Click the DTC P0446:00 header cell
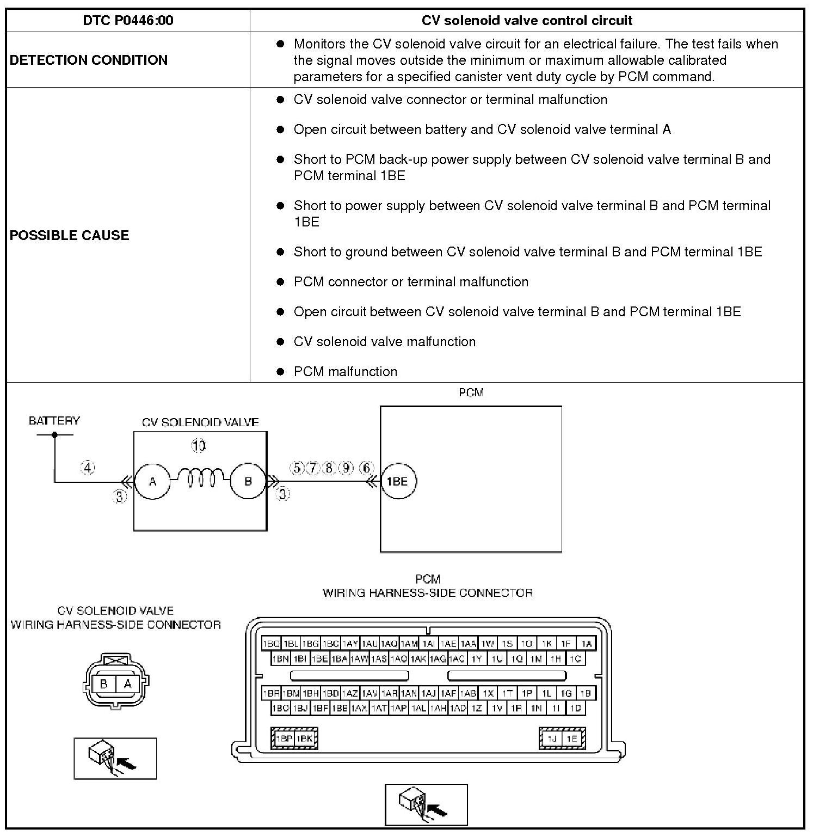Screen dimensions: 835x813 point(128,21)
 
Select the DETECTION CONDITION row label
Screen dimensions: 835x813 point(89,60)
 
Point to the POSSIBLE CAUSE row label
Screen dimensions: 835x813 point(70,235)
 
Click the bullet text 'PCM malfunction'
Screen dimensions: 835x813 point(345,372)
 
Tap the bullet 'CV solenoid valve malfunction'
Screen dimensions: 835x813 point(384,342)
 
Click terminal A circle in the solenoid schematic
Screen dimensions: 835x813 point(153,481)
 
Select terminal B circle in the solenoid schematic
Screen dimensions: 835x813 point(248,481)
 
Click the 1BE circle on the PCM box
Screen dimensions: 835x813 point(398,481)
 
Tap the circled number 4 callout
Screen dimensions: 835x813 point(88,467)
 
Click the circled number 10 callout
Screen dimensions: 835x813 point(199,446)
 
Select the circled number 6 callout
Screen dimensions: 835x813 point(367,468)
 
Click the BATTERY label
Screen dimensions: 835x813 point(54,421)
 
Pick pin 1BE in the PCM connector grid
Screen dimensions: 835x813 point(319,659)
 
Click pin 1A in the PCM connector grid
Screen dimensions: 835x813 point(586,643)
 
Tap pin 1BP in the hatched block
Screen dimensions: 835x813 point(284,739)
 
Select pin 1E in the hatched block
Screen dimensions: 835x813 point(571,739)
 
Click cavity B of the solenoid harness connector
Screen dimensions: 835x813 point(104,684)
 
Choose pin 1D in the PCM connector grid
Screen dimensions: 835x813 point(575,708)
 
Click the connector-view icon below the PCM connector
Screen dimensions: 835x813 point(426,805)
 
